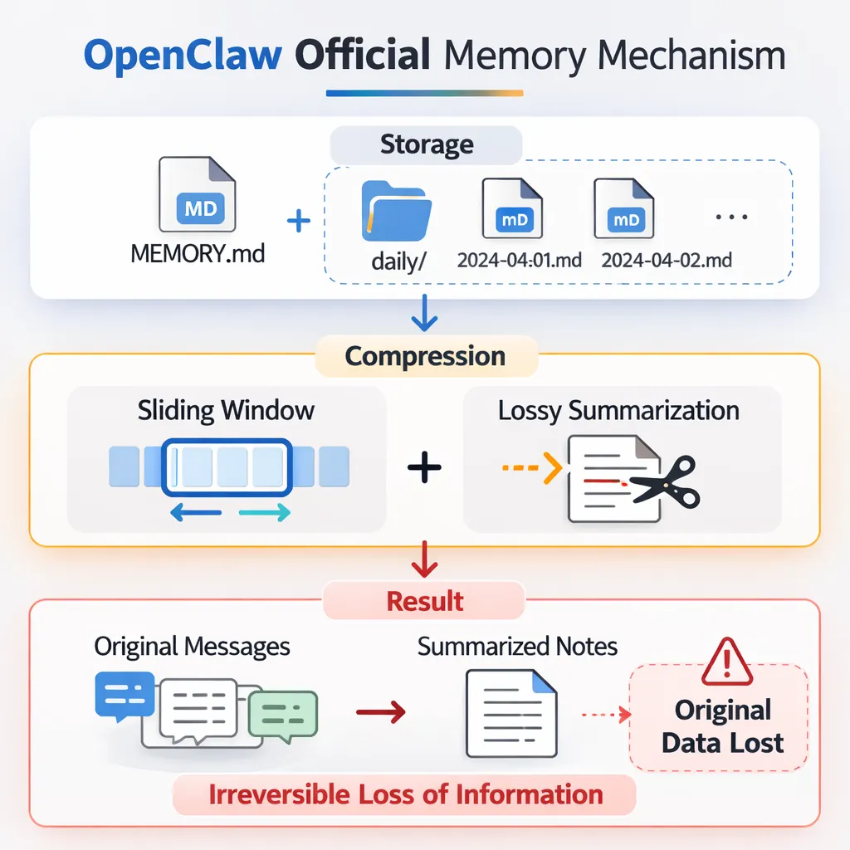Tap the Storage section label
point(427,144)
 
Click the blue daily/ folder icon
point(396,209)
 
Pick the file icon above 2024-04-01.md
point(512,209)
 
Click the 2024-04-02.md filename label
point(667,261)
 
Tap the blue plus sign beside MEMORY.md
point(298,221)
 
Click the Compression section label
point(425,356)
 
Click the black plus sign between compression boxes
point(424,468)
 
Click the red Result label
point(425,600)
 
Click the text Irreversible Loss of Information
point(406,794)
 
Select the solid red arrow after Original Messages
point(380,711)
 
